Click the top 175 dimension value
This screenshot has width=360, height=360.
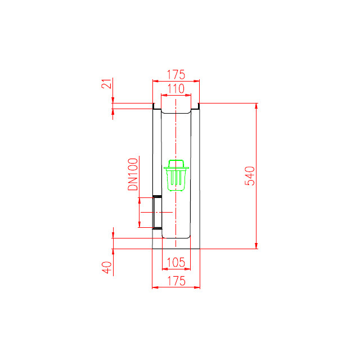coord(176,75)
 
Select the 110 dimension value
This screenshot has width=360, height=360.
coord(176,89)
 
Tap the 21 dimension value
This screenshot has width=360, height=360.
coord(106,83)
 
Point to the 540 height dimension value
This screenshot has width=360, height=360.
coord(250,176)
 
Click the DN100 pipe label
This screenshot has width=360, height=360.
coord(133,174)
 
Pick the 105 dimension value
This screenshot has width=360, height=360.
coord(176,262)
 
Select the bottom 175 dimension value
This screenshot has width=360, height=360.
coord(176,281)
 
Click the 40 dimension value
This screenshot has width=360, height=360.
coord(107,267)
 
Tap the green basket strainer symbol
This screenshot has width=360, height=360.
coord(176,175)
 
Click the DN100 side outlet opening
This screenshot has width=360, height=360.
coord(157,213)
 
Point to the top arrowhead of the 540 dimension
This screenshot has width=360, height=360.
coord(256,106)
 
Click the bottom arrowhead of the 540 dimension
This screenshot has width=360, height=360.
coord(256,246)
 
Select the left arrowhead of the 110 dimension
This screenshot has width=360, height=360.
coord(164,95)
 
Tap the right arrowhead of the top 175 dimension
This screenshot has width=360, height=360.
coord(196,81)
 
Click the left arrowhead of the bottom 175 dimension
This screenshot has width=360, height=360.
coord(155,287)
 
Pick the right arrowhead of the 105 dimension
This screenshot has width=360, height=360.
coord(188,269)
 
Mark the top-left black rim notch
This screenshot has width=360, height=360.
coord(154,106)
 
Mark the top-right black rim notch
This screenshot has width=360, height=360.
coord(199,106)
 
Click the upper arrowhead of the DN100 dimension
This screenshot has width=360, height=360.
coord(139,200)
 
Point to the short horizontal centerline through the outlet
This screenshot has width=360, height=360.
coord(156,213)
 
